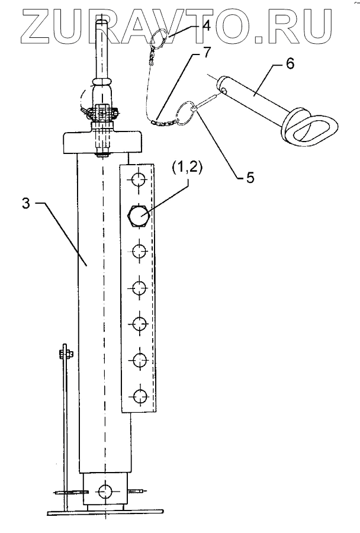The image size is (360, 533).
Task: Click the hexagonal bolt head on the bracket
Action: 139,216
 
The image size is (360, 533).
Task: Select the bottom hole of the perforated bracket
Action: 139,396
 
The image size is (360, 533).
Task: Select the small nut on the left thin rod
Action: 66,355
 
